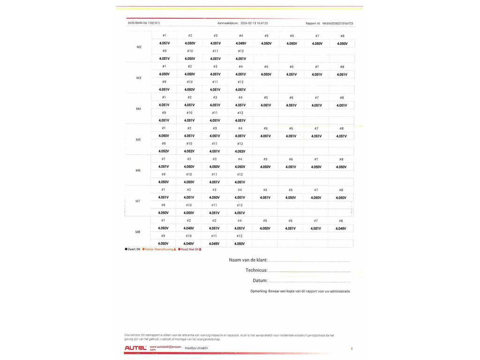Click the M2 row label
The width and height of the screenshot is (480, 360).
[x=139, y=47]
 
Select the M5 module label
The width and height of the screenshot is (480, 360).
[x=138, y=140]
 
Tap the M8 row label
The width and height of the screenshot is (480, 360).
[x=138, y=232]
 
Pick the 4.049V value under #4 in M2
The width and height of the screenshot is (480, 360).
[x=241, y=43]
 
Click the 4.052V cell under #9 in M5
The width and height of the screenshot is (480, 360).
[x=164, y=151]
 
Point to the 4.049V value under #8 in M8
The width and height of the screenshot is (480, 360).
[x=341, y=229]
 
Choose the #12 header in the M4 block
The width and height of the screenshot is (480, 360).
[x=240, y=113]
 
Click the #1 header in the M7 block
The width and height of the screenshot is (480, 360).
[x=163, y=190]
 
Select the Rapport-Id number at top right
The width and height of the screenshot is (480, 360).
[x=337, y=23]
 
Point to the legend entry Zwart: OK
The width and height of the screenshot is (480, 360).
[x=133, y=249]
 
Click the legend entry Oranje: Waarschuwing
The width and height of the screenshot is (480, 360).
[x=159, y=249]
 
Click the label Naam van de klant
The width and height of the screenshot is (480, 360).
[x=248, y=260]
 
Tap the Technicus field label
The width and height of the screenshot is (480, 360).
[x=256, y=270]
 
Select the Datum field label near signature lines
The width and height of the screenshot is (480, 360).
[x=260, y=281]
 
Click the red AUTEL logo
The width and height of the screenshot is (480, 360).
[x=135, y=348]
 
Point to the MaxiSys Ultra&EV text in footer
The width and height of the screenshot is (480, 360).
[x=197, y=348]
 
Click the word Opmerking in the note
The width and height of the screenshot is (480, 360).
[x=258, y=291]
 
